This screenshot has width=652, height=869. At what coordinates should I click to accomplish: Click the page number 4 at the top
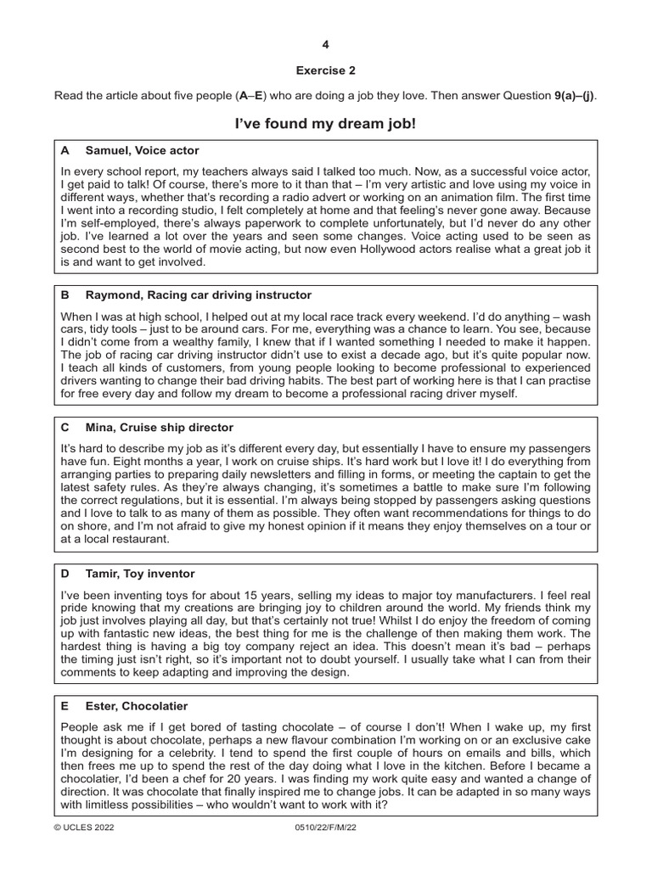pyautogui.click(x=326, y=44)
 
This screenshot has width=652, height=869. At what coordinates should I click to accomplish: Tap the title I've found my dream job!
pyautogui.click(x=326, y=125)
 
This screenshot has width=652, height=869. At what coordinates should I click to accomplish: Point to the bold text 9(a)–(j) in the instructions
pyautogui.click(x=575, y=96)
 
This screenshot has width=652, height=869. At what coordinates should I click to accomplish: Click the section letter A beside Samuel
pyautogui.click(x=65, y=151)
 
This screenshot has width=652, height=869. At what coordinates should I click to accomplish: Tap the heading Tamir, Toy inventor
pyautogui.click(x=140, y=574)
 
